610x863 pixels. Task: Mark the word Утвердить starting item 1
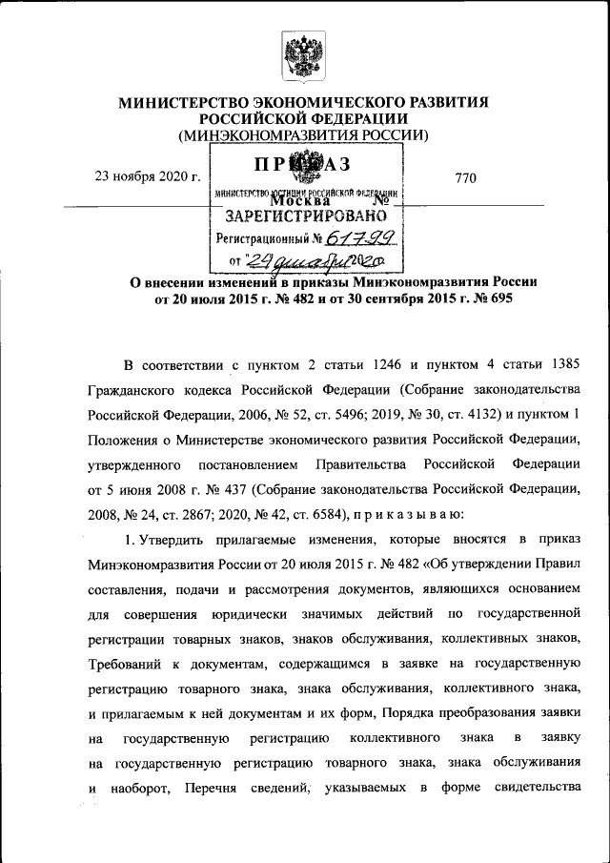[x=166, y=539]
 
